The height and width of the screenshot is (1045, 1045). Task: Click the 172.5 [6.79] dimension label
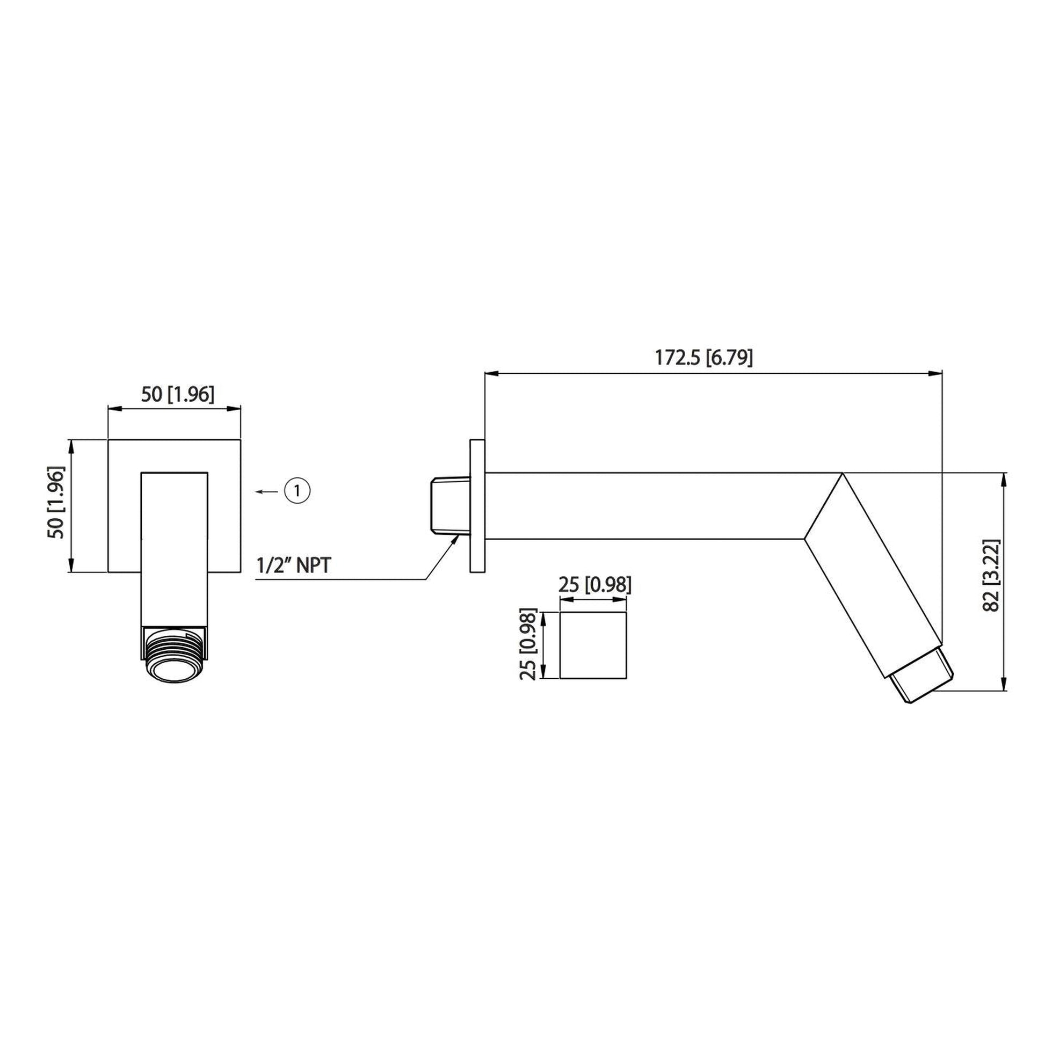click(703, 358)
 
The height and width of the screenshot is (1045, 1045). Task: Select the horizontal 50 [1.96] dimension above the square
click(178, 395)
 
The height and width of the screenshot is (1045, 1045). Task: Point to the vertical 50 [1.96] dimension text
click(57, 502)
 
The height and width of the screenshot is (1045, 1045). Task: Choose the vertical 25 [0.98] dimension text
click(528, 644)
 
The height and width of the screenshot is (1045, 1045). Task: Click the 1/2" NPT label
click(293, 566)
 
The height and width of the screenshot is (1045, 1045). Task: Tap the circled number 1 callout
click(297, 491)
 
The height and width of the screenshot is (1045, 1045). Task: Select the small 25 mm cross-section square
click(593, 645)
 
